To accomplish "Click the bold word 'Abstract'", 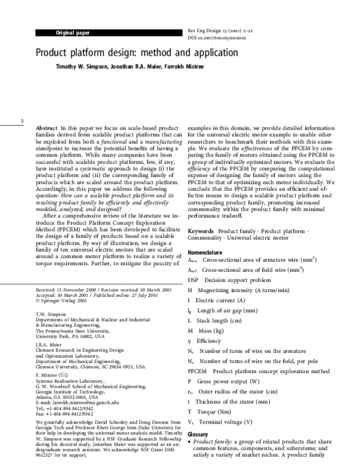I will coord(47,129).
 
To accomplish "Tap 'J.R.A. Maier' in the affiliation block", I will coord(52,345).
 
